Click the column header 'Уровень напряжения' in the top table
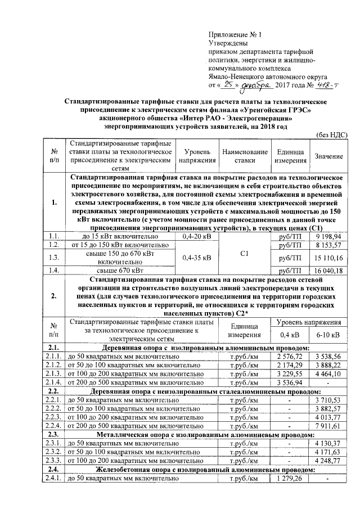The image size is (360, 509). [x=193, y=156]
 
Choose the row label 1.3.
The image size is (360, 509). [x=55, y=258]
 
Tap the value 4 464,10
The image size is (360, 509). [x=328, y=373]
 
